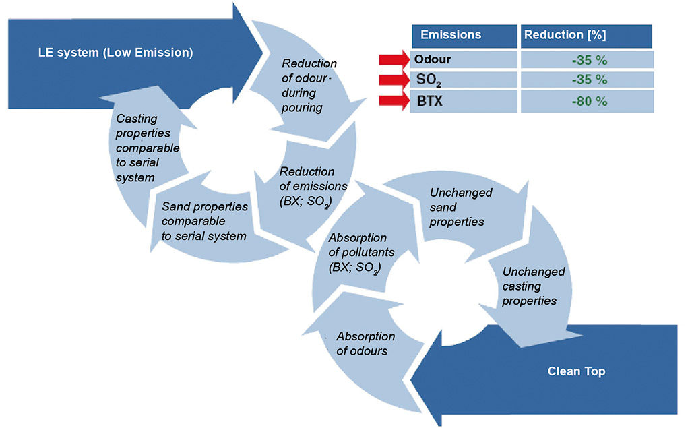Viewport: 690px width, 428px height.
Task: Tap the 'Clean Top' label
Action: [x=576, y=371]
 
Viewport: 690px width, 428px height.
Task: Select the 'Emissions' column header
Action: [x=451, y=35]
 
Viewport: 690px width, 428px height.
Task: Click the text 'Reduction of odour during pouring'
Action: [x=308, y=86]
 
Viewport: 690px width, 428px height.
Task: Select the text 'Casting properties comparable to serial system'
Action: [x=147, y=148]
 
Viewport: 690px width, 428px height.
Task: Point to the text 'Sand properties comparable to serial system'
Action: [x=204, y=221]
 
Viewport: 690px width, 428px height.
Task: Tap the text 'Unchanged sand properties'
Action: [x=461, y=207]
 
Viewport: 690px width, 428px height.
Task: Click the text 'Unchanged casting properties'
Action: [x=534, y=286]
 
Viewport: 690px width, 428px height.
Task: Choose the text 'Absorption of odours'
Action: [x=365, y=343]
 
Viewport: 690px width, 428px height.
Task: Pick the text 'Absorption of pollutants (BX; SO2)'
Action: [x=357, y=253]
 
